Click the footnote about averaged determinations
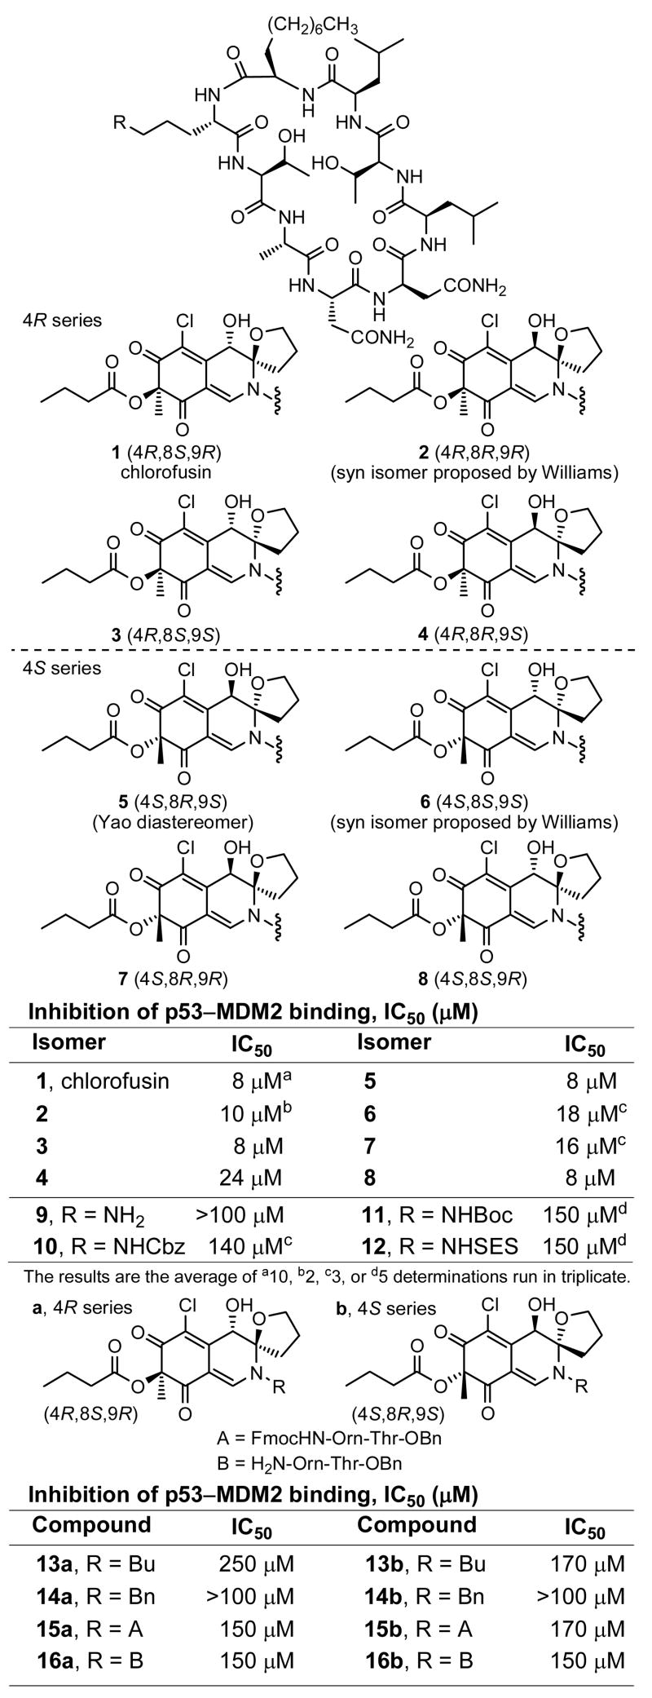point(326,1276)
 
